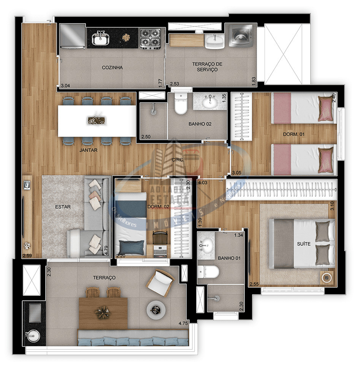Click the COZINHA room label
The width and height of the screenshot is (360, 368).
click(x=112, y=68)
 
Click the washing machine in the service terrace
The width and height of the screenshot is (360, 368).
click(x=240, y=36)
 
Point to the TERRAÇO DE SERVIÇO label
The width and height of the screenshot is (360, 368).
click(x=207, y=67)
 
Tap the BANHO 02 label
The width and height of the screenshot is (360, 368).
click(x=200, y=124)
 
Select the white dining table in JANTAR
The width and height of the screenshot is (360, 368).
click(x=97, y=121)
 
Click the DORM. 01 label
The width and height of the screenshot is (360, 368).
click(x=293, y=134)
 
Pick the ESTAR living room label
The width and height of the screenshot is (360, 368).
click(x=63, y=207)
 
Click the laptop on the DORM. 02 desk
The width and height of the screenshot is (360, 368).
click(x=159, y=250)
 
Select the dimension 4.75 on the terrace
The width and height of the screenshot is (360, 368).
click(x=184, y=324)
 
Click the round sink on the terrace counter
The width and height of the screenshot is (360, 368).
click(x=33, y=335)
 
